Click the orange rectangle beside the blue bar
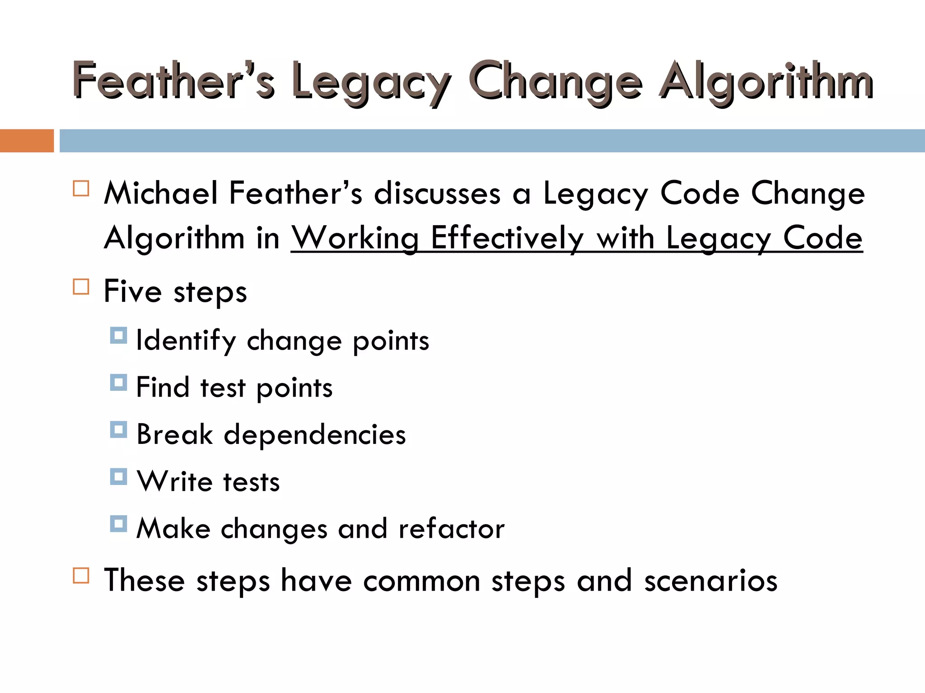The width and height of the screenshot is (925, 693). coord(27,141)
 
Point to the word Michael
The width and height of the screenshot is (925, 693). coord(161,193)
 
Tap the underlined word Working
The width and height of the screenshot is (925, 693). coord(355,238)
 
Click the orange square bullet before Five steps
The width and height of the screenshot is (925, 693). coord(81,286)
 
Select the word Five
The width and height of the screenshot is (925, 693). coord(132,291)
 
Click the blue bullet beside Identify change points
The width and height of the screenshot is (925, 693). coord(118,336)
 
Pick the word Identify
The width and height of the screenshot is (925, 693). coord(186,341)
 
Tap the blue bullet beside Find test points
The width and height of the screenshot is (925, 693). coord(118,383)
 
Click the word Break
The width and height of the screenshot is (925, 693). coord(174,434)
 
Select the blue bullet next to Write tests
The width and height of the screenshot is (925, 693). coord(118,476)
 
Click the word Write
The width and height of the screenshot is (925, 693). coord(175,481)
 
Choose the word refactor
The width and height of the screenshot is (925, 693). coord(451,528)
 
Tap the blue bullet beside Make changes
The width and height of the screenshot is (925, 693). coord(118,524)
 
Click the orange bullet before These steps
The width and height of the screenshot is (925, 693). coord(81,576)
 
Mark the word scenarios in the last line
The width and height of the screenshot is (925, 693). coord(710,581)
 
